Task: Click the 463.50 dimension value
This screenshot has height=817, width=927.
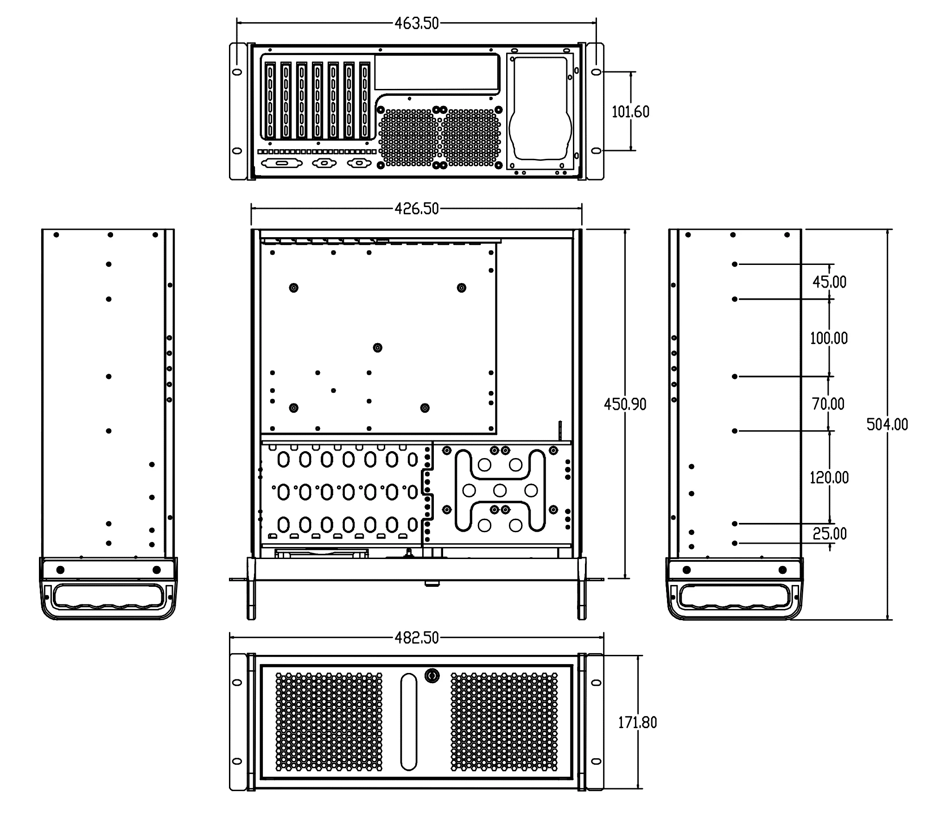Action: click(x=416, y=24)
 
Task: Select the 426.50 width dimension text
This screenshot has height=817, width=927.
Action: click(x=416, y=209)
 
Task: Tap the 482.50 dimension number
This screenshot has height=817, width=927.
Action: click(x=416, y=638)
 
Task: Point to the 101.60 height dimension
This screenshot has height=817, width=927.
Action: click(x=630, y=112)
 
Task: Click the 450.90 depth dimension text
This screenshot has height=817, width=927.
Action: click(x=625, y=404)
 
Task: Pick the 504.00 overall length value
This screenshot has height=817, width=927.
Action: click(x=887, y=424)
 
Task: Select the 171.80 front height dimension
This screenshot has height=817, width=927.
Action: click(x=637, y=722)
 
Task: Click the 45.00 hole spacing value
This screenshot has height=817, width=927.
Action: click(x=829, y=282)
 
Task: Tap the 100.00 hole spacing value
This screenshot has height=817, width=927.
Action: click(x=829, y=338)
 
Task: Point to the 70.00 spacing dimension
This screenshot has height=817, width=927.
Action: click(x=828, y=404)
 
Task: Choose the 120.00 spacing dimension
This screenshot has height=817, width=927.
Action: click(x=829, y=478)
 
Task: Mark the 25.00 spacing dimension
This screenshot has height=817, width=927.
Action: click(x=829, y=534)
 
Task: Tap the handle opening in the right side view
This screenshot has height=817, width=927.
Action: click(x=735, y=596)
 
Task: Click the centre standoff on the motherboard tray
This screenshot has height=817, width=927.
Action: click(x=378, y=347)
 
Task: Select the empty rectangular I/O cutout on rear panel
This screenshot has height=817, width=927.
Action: click(x=436, y=73)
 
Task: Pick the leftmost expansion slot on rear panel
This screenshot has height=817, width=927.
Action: click(x=270, y=101)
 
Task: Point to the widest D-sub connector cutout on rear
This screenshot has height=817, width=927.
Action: click(x=281, y=163)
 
